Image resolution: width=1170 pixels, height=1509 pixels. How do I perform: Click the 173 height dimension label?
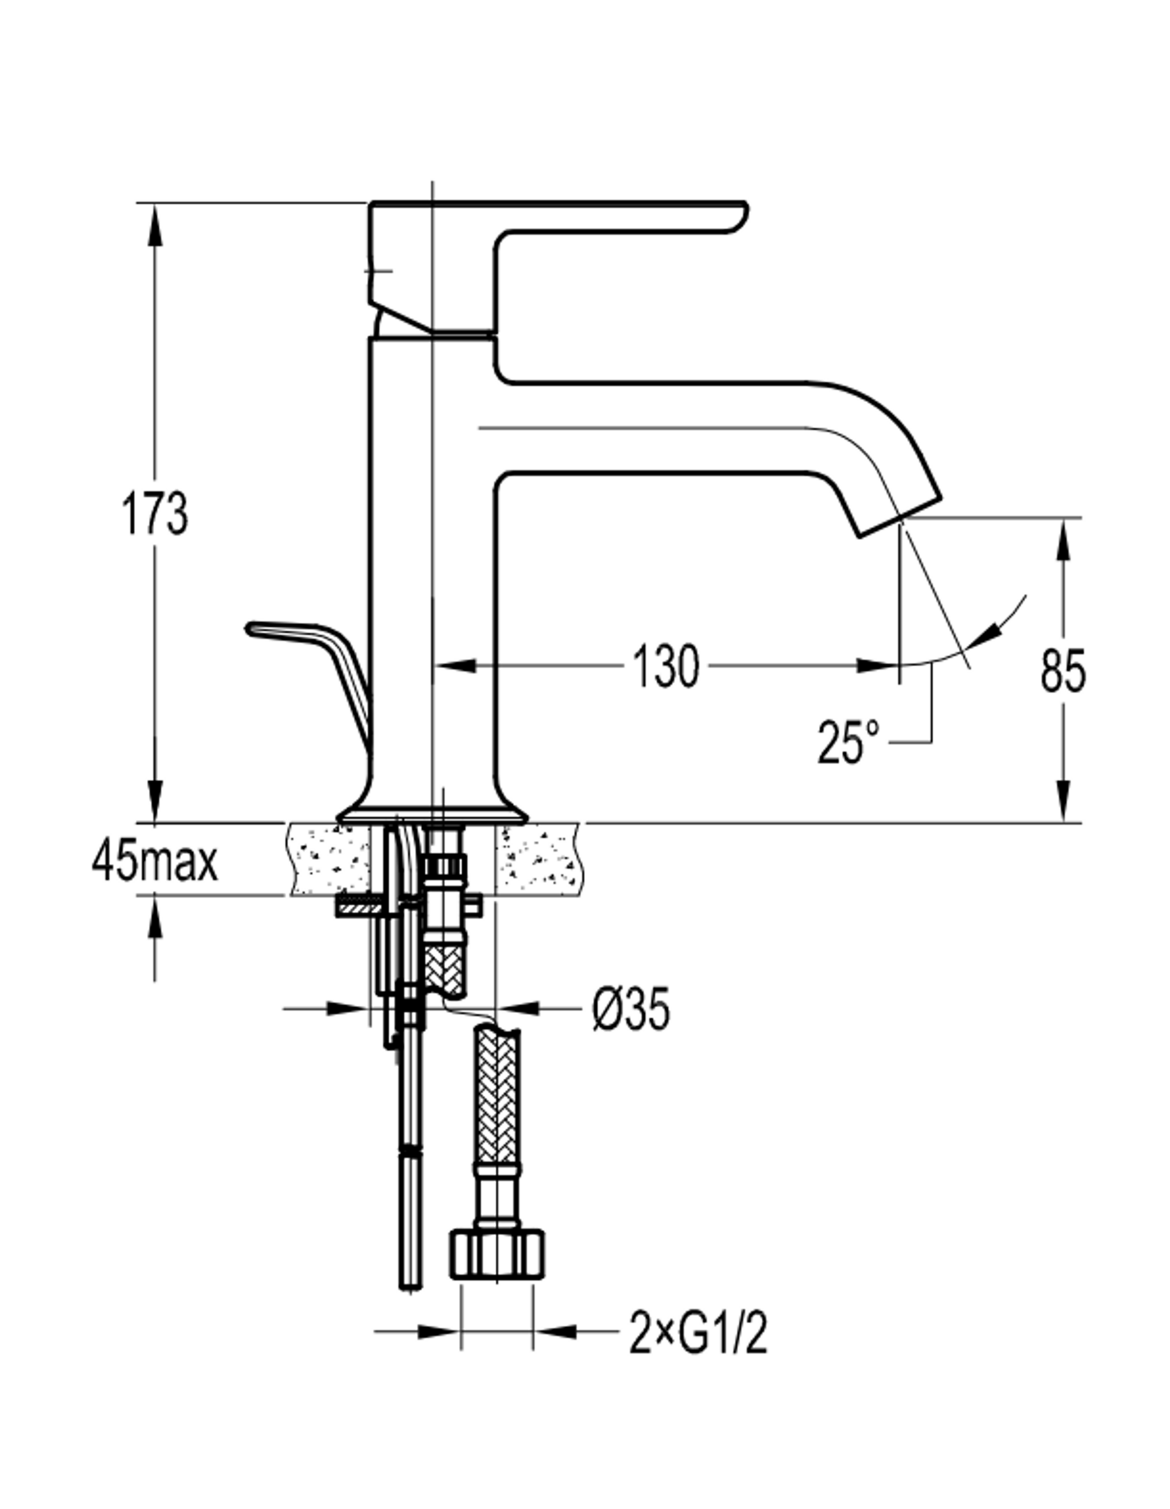[x=155, y=513]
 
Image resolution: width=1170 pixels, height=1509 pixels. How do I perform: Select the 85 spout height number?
[x=1063, y=671]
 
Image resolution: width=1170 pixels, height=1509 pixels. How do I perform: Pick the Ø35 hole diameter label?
[x=631, y=1008]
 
